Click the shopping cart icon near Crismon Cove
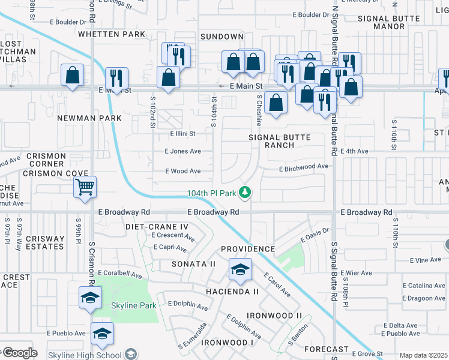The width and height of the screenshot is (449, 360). click(x=85, y=187)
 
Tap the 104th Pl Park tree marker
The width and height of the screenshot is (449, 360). click(x=245, y=193)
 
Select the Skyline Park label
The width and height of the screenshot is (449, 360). click(x=133, y=305)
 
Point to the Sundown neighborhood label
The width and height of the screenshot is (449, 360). click(x=221, y=37)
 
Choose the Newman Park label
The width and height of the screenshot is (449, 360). click(x=89, y=118)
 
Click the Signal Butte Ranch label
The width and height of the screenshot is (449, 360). click(x=280, y=141)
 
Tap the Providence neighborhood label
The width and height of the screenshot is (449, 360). click(x=248, y=248)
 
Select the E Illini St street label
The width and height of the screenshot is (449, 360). click(x=183, y=134)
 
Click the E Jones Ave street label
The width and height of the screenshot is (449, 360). click(x=183, y=152)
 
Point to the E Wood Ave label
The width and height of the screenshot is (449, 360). click(x=183, y=171)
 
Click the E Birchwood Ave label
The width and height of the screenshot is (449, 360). click(x=304, y=166)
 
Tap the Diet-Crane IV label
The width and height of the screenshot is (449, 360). click(x=157, y=226)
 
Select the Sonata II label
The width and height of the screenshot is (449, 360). click(x=193, y=263)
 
